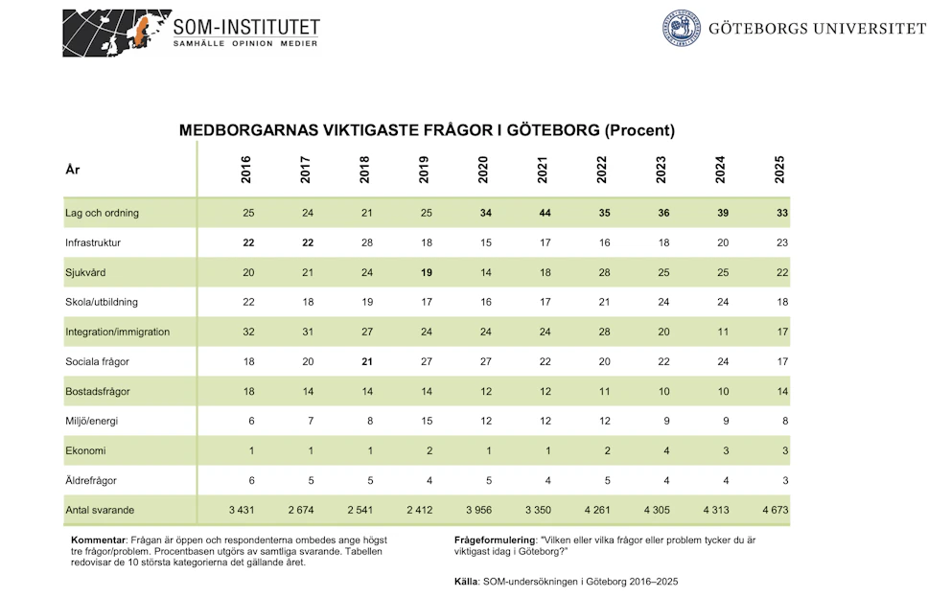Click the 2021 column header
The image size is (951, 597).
(543, 170)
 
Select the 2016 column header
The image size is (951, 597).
(245, 170)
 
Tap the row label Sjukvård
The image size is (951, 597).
(85, 272)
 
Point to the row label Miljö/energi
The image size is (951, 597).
(92, 421)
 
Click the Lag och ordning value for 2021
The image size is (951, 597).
(545, 213)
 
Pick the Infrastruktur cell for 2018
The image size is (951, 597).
(367, 242)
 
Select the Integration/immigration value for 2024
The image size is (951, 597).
(723, 332)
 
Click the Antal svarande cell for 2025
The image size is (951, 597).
(776, 510)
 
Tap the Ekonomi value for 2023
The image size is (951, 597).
(666, 450)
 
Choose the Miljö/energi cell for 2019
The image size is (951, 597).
(427, 421)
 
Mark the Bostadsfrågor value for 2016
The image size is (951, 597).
(248, 391)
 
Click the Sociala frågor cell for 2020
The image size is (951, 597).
(486, 361)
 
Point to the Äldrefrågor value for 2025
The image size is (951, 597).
(785, 480)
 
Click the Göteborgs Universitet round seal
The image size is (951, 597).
(681, 28)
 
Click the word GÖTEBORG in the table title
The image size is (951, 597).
(553, 130)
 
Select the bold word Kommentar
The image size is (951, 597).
(98, 540)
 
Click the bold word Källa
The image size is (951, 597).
(467, 582)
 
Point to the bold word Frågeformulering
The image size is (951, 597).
(495, 540)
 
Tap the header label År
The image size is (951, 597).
(73, 169)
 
